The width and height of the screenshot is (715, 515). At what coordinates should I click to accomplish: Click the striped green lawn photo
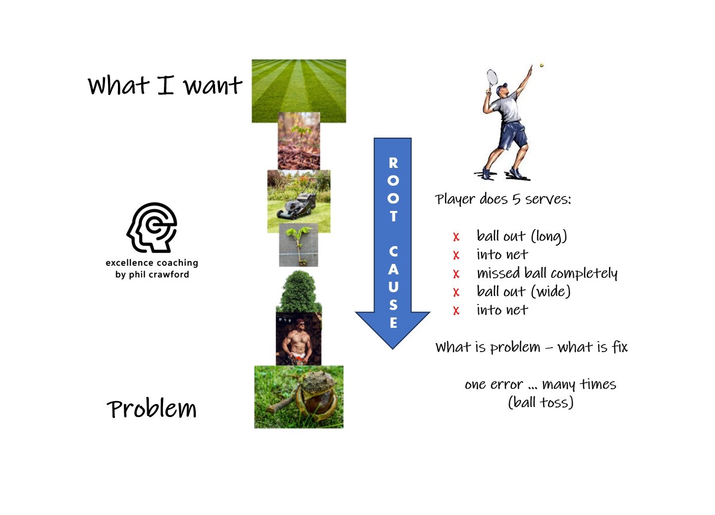(299, 91)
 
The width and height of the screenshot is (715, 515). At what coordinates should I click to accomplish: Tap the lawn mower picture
(299, 201)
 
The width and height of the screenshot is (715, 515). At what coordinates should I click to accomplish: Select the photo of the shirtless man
(298, 339)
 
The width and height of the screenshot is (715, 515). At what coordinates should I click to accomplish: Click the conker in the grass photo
(299, 397)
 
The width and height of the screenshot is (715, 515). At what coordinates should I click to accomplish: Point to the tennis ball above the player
(542, 65)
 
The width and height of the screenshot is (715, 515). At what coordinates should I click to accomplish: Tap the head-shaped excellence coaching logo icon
(152, 228)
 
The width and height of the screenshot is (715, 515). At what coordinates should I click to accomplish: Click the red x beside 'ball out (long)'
(456, 237)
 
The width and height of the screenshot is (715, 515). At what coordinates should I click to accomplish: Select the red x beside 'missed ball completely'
(456, 274)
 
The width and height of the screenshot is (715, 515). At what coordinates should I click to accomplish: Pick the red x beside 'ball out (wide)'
(456, 293)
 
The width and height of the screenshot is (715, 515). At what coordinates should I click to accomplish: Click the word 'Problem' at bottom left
(152, 409)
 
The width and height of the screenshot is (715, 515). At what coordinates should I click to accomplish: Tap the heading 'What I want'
(165, 85)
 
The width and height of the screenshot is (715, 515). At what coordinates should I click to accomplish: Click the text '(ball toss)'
(541, 402)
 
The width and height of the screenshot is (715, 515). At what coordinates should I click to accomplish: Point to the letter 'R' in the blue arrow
(393, 163)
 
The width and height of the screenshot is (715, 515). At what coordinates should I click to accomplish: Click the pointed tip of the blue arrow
(392, 347)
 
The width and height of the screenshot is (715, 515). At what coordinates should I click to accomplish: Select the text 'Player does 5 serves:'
(503, 199)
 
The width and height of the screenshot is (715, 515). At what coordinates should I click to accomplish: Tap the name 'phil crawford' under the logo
(159, 274)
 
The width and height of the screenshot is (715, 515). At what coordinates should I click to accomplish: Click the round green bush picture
(299, 292)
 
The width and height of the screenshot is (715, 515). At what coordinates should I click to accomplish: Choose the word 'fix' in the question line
(619, 347)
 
